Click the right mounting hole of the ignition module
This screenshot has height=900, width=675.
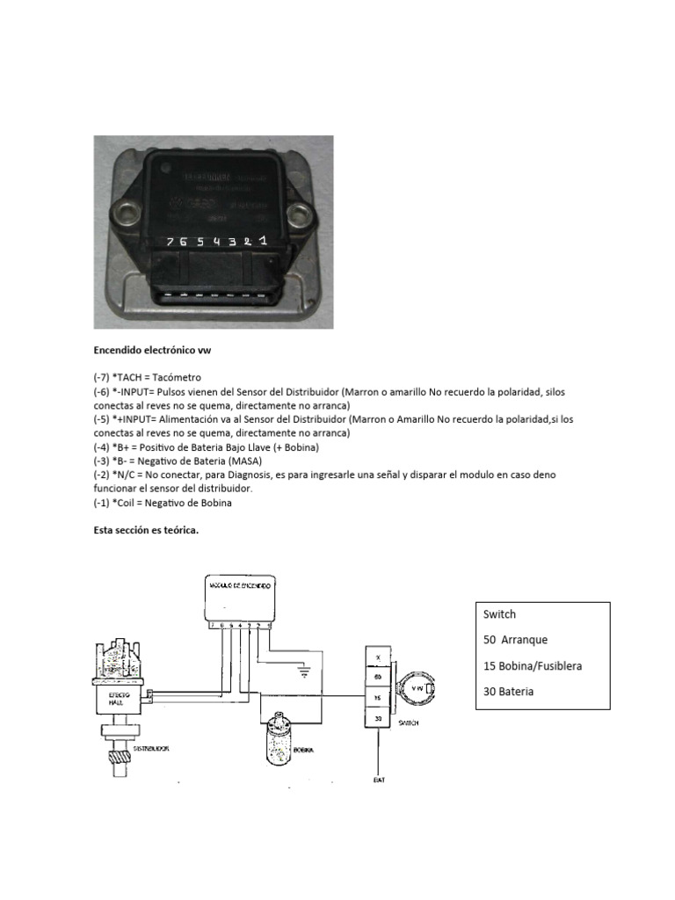pyautogui.click(x=301, y=212)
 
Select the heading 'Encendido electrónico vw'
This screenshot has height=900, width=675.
pyautogui.click(x=153, y=350)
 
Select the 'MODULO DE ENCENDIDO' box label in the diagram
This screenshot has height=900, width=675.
pyautogui.click(x=239, y=584)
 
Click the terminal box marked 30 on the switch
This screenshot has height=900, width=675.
pyautogui.click(x=378, y=717)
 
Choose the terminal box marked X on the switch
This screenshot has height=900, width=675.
pyautogui.click(x=378, y=657)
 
